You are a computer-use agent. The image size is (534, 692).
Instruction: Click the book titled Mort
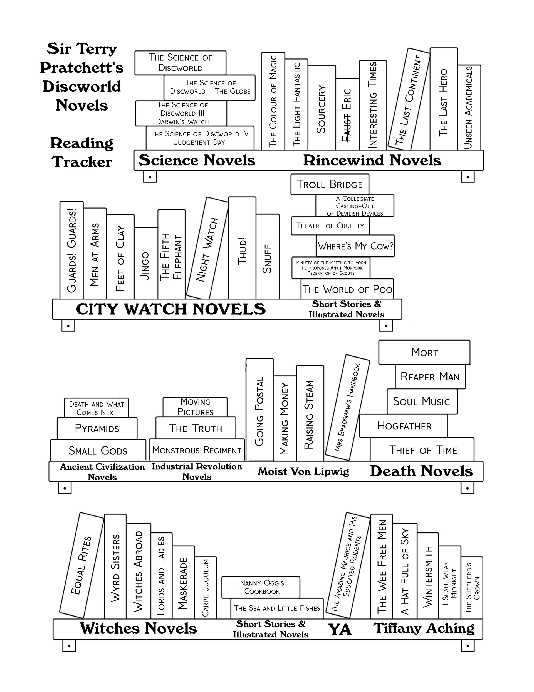424,352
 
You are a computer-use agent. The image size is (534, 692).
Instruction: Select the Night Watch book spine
207,249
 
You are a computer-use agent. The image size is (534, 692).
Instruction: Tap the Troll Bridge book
330,184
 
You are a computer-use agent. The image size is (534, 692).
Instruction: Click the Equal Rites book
81,566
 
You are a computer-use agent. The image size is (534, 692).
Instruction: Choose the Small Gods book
98,450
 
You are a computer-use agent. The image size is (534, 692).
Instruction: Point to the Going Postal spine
259,410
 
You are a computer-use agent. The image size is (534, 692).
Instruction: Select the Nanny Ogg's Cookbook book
261,587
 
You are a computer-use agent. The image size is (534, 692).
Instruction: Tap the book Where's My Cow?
355,246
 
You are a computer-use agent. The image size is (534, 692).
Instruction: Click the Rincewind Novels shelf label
372,160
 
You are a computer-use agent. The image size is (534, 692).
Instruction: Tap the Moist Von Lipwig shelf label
303,471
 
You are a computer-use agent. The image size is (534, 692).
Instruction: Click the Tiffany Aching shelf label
424,628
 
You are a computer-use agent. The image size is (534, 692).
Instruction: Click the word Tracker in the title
82,162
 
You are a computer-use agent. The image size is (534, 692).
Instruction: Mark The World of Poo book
347,289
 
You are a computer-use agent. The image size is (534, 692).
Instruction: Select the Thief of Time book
422,450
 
